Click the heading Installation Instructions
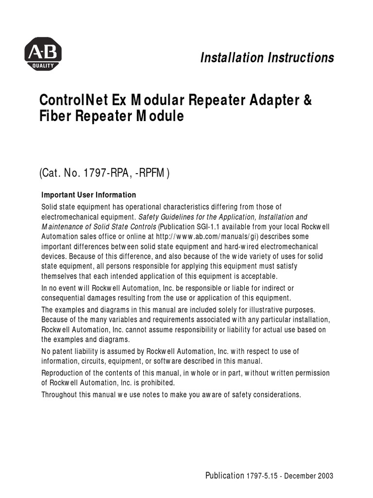tap(267, 57)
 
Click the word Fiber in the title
tap(55, 117)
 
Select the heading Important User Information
tap(88, 195)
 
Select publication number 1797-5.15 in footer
tap(263, 476)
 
